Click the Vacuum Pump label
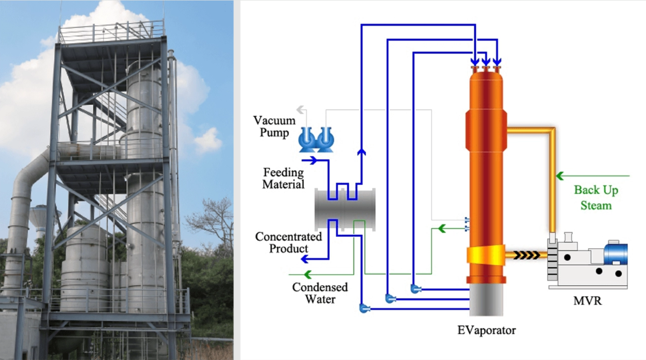(274, 126)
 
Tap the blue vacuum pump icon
(316, 139)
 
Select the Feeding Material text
(283, 178)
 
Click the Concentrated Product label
(288, 243)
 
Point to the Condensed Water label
(320, 293)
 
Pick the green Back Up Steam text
(596, 198)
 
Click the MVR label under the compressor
(587, 301)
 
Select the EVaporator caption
(486, 330)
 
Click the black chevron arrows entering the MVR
(527, 256)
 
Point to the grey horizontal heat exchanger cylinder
(345, 210)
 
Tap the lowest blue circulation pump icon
(364, 308)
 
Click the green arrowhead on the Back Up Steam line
(560, 176)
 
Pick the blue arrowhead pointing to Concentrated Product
(305, 259)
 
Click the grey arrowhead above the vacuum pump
(301, 110)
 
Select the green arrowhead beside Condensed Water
(307, 274)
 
